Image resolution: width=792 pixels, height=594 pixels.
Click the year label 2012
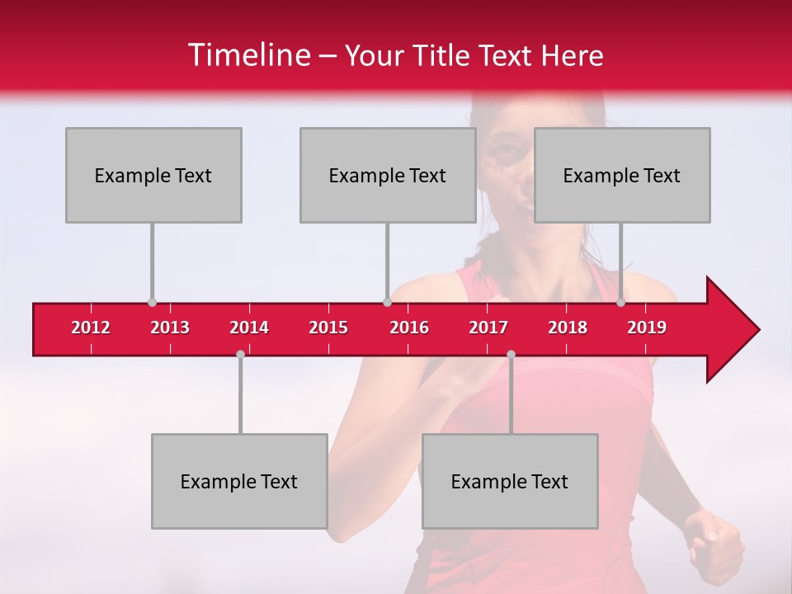pyautogui.click(x=91, y=328)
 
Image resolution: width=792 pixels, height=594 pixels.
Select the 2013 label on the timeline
pyautogui.click(x=170, y=328)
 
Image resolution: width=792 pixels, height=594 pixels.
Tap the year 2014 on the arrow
pyautogui.click(x=249, y=328)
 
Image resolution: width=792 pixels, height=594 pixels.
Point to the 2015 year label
pyautogui.click(x=328, y=328)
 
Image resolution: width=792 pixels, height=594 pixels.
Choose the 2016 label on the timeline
pyautogui.click(x=409, y=328)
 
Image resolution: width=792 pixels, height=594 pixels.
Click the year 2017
pyautogui.click(x=488, y=328)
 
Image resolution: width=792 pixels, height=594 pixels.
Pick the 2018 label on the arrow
pyautogui.click(x=568, y=328)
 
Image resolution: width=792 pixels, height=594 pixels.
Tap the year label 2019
pyautogui.click(x=647, y=328)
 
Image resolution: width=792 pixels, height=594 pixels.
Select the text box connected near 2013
pyautogui.click(x=153, y=175)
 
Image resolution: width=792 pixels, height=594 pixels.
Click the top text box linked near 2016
pyautogui.click(x=388, y=175)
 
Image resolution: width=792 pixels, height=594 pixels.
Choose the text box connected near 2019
pyautogui.click(x=622, y=175)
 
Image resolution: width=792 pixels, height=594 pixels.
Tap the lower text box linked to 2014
pyautogui.click(x=239, y=481)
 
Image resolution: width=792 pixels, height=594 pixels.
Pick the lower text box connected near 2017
pyautogui.click(x=510, y=481)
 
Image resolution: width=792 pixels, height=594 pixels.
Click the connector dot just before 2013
pyautogui.click(x=152, y=303)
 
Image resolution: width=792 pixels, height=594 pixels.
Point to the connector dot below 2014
pyautogui.click(x=240, y=354)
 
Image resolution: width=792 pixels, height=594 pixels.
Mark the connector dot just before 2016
pyautogui.click(x=387, y=303)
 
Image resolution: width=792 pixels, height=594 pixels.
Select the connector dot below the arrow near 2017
pyautogui.click(x=511, y=354)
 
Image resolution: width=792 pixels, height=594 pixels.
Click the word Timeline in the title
pyautogui.click(x=247, y=55)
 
